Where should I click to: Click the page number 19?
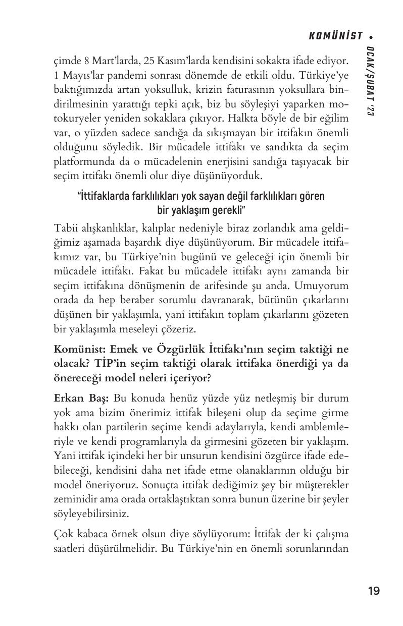[x=374, y=591]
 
